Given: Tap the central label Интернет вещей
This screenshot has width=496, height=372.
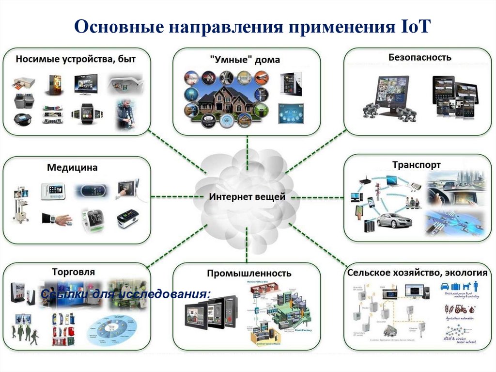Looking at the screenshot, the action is coord(247,197).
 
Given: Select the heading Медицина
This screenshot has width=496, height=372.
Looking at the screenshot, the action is coord(72,168).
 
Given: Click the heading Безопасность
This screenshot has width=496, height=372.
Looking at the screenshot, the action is coord(419,57).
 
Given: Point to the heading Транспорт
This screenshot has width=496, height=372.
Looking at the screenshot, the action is coord(417,165).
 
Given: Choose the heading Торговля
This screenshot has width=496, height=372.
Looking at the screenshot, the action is coord(74,272).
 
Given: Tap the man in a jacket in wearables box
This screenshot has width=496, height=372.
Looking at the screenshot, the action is coord(125,114).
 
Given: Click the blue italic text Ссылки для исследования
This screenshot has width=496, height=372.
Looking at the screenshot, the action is coord(126,294).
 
